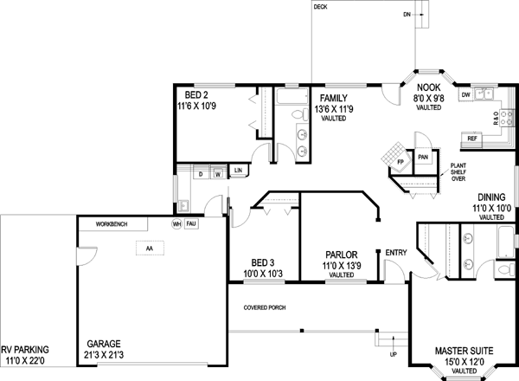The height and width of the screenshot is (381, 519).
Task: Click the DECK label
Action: point(320,7)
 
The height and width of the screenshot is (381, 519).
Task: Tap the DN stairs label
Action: point(407,15)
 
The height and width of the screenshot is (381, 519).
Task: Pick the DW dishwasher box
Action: point(465,94)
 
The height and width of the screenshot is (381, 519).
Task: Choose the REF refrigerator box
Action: point(472,138)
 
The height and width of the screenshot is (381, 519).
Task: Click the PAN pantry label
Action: point(423,158)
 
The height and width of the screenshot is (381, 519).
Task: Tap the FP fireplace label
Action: point(400,162)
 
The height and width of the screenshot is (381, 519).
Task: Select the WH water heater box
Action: point(176,223)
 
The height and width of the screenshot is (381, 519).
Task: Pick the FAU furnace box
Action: point(192,223)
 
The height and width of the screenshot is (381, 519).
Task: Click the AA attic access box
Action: point(149,249)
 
